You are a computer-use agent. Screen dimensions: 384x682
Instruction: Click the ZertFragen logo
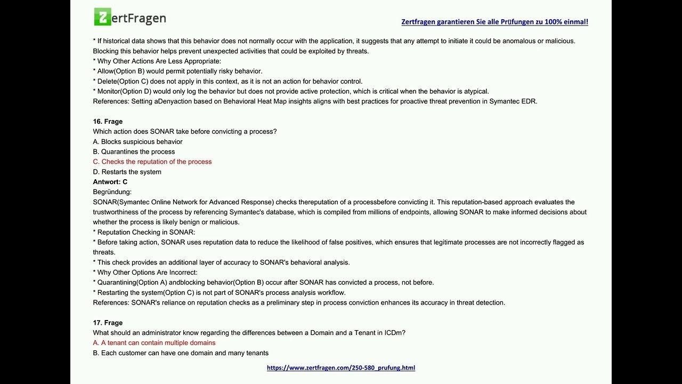pos(130,18)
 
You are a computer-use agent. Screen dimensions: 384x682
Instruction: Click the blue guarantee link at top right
pos(494,22)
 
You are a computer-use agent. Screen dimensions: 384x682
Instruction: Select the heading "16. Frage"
pos(108,122)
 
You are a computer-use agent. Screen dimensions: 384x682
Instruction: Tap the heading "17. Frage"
pos(108,323)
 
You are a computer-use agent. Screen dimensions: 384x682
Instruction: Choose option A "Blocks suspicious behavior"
pos(137,142)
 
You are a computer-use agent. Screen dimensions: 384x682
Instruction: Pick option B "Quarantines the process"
pos(134,152)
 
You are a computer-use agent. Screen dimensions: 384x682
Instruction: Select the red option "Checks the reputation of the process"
pos(152,162)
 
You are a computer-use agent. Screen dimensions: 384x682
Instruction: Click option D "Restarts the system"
pos(127,172)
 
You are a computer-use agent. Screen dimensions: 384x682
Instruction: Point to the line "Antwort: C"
pos(110,182)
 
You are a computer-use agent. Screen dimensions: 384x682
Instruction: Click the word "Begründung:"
pos(112,192)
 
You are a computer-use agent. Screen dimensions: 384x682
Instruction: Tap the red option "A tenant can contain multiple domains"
pos(154,343)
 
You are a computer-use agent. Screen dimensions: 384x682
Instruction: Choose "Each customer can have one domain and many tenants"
pos(181,353)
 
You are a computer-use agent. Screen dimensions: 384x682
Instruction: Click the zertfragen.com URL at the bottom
pos(341,368)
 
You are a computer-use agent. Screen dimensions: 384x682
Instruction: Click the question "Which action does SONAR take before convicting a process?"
pos(185,132)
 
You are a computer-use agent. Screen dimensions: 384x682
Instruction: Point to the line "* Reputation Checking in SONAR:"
pos(144,233)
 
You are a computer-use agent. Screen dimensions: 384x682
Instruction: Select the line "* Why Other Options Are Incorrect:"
pos(145,273)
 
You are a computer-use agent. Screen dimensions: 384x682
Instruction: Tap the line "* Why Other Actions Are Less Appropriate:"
pos(157,61)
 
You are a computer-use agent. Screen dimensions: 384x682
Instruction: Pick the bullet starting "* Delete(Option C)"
pos(228,82)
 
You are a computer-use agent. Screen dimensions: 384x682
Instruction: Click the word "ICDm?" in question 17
pos(395,333)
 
